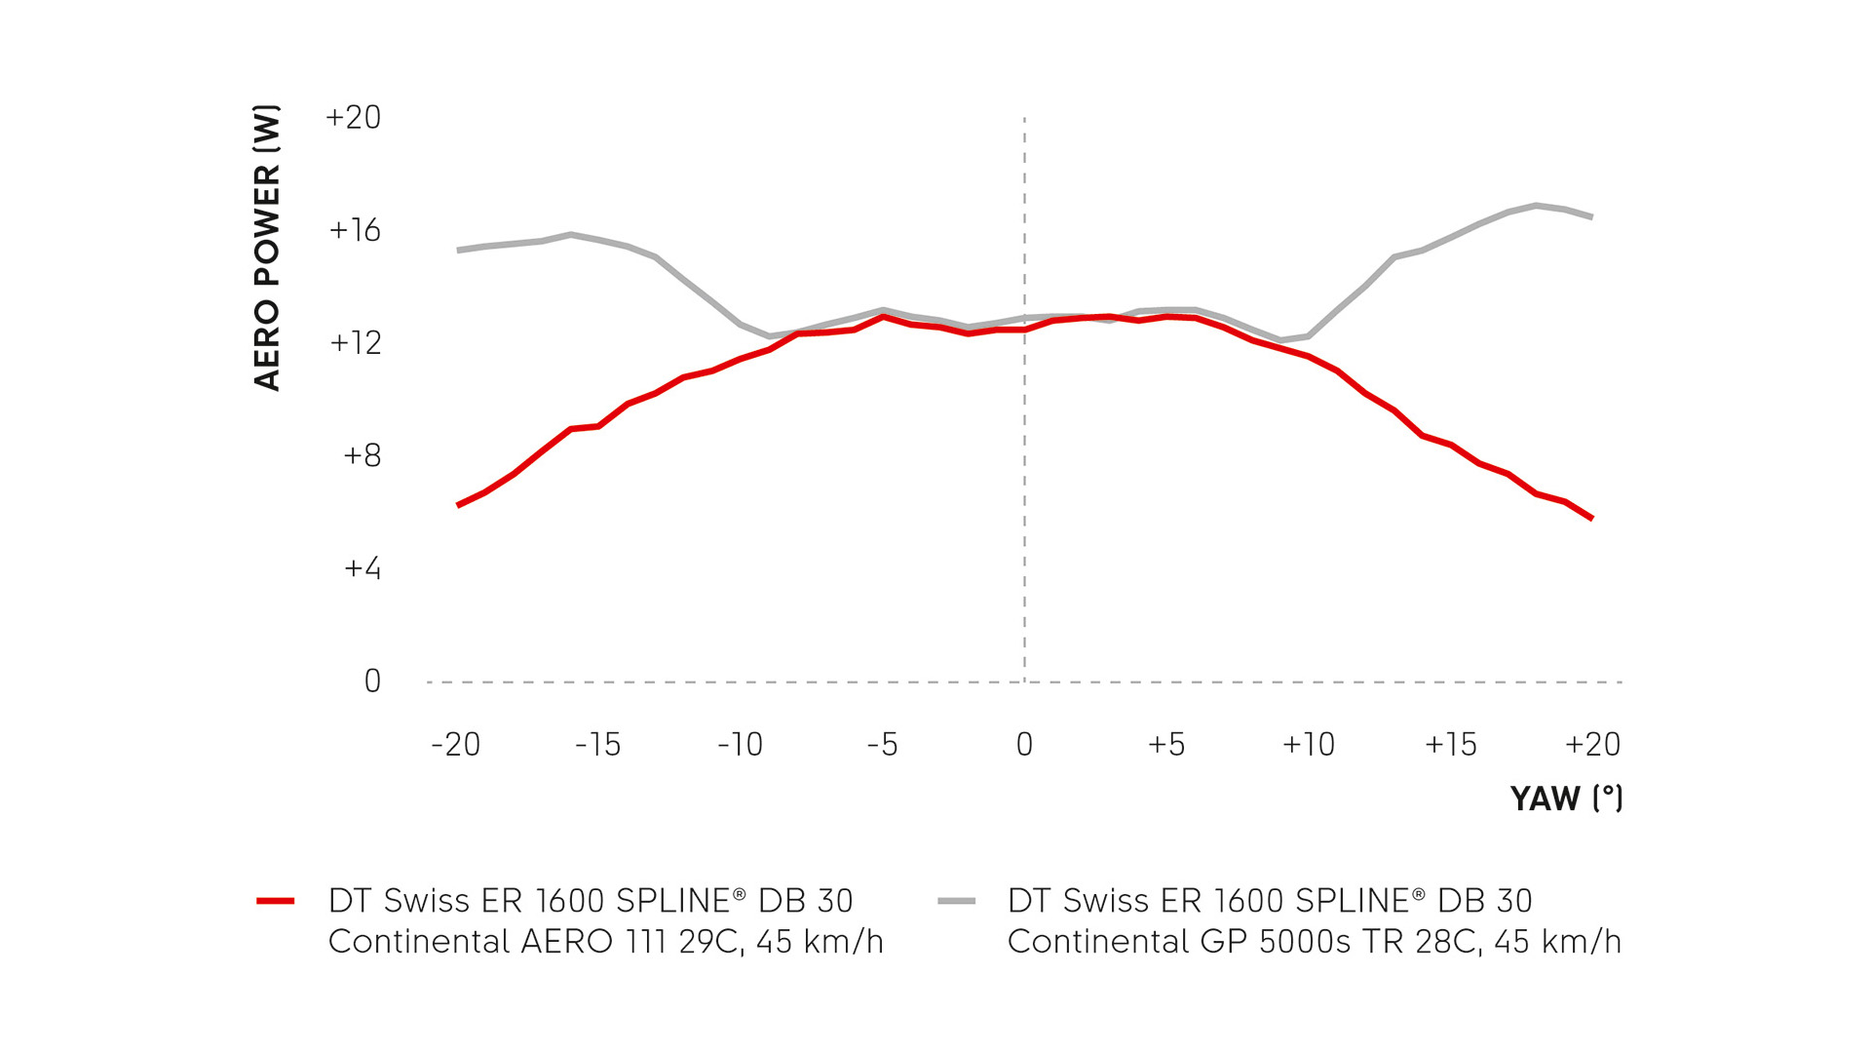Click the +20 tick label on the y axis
point(353,118)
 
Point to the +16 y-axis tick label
point(355,231)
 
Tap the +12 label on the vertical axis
point(355,343)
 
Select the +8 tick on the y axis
point(362,455)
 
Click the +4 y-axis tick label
point(362,568)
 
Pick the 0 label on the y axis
point(372,682)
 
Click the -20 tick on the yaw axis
point(456,745)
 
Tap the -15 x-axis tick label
point(597,745)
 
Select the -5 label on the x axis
point(882,745)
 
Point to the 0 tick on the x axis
point(1024,745)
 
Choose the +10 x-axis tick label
point(1308,745)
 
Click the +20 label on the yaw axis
point(1592,745)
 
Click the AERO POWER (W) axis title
point(267,248)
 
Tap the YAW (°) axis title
point(1566,799)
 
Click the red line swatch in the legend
point(276,901)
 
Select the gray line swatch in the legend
point(956,901)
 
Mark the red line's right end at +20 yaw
point(1592,519)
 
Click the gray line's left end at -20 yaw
point(458,251)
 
